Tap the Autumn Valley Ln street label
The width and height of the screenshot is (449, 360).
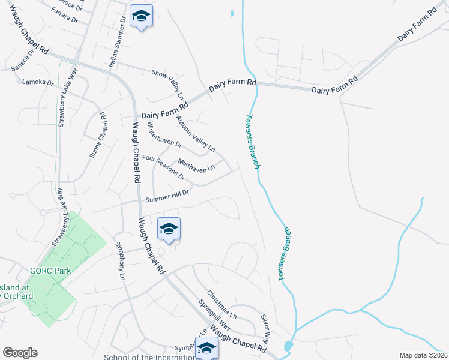tap(195, 133)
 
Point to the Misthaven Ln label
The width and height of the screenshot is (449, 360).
tap(196, 165)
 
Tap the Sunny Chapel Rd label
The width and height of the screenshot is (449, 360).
tap(98, 136)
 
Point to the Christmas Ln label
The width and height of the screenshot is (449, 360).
tap(221, 305)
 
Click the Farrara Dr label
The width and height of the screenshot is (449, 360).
tap(65, 16)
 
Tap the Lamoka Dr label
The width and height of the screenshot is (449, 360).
tap(37, 82)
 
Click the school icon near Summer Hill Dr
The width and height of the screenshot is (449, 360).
tap(169, 229)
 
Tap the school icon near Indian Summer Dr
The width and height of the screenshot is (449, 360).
tap(141, 16)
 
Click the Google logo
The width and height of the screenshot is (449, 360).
tap(20, 353)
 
